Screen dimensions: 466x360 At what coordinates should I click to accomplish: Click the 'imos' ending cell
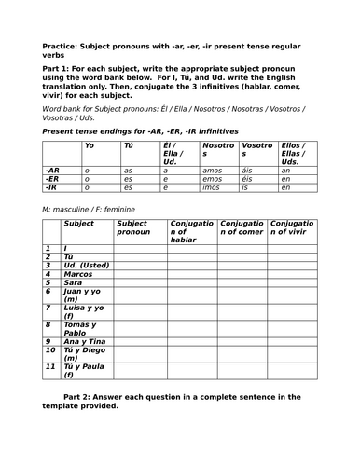pos(213,187)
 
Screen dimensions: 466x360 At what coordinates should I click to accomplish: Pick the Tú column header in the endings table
pos(130,146)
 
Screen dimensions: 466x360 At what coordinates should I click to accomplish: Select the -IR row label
pos(52,187)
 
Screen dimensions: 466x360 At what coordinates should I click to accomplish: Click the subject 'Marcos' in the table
pos(78,274)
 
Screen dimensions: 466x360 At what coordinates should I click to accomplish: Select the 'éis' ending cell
pos(249,180)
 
